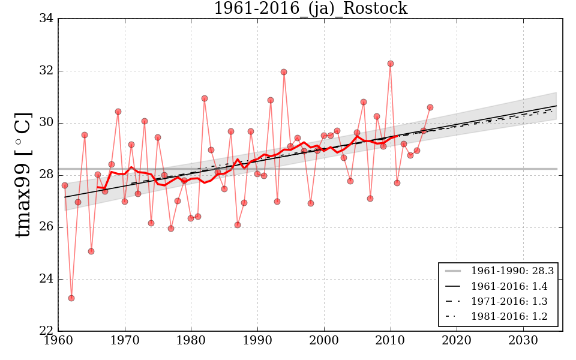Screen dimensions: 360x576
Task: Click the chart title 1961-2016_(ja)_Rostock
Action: [x=310, y=9]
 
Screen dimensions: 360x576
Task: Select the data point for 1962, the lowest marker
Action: [x=71, y=298]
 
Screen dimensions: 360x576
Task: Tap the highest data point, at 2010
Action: [x=391, y=64]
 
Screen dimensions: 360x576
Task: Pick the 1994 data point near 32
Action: [x=284, y=72]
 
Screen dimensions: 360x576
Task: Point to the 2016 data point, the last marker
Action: [x=430, y=107]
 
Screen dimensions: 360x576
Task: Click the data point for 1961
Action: [x=65, y=185]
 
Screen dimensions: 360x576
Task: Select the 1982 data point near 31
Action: [x=205, y=98]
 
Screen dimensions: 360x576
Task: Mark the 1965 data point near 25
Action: [x=91, y=251]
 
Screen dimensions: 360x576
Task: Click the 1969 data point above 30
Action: [x=118, y=112]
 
